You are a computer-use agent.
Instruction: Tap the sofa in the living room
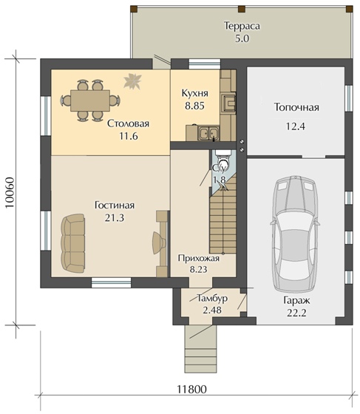click(x=73, y=243)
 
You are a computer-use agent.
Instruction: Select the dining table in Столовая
click(x=90, y=101)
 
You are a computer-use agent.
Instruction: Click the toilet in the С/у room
click(x=223, y=160)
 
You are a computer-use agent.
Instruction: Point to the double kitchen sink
click(x=208, y=133)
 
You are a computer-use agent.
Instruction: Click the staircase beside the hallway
click(x=223, y=214)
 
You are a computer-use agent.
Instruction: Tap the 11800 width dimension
click(x=191, y=389)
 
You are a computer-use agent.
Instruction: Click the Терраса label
click(x=242, y=26)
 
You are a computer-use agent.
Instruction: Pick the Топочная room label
click(x=296, y=107)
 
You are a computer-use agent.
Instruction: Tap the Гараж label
click(x=296, y=300)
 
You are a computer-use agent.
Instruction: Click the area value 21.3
click(x=115, y=218)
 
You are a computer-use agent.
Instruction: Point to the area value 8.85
click(x=194, y=106)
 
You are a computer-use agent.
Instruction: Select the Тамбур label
click(x=212, y=299)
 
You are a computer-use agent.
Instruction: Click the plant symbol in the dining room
click(x=133, y=81)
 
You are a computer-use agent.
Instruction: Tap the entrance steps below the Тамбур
click(x=201, y=349)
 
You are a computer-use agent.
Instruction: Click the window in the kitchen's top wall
click(x=205, y=64)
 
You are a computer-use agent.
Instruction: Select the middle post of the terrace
click(x=242, y=9)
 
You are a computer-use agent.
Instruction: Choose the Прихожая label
click(x=198, y=258)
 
